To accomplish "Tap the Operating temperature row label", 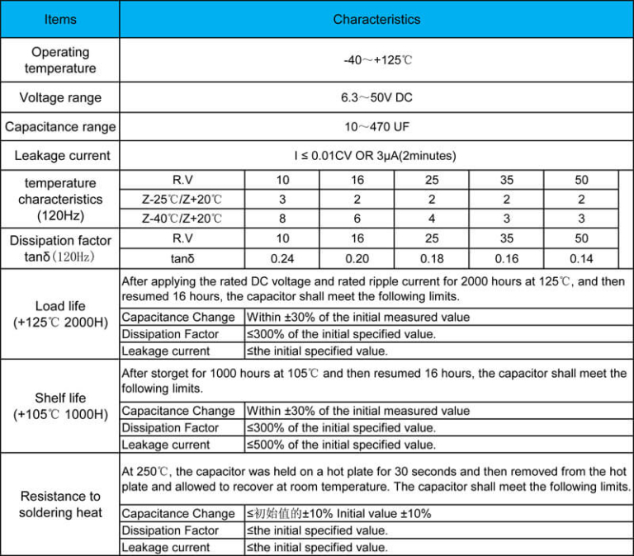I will pyautogui.click(x=59, y=60).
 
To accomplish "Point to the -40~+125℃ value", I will pyautogui.click(x=376, y=60).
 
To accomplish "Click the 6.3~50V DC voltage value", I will pyautogui.click(x=376, y=97).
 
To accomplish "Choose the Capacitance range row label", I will pyautogui.click(x=59, y=127).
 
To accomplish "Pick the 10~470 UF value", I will pyautogui.click(x=376, y=127).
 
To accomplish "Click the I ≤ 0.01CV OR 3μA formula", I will pyautogui.click(x=376, y=155).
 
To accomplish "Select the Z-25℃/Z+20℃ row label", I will pyautogui.click(x=182, y=200).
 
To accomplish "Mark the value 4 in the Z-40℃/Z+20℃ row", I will pyautogui.click(x=431, y=218).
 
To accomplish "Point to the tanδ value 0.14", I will pyautogui.click(x=582, y=257).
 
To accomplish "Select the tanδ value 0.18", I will pyautogui.click(x=431, y=257).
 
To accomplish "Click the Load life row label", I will pyautogui.click(x=59, y=313).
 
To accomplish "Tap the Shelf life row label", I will pyautogui.click(x=59, y=406).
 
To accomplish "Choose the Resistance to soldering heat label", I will pyautogui.click(x=59, y=504).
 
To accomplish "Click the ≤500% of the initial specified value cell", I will pyautogui.click(x=341, y=445).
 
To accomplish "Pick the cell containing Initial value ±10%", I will pyautogui.click(x=338, y=513).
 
